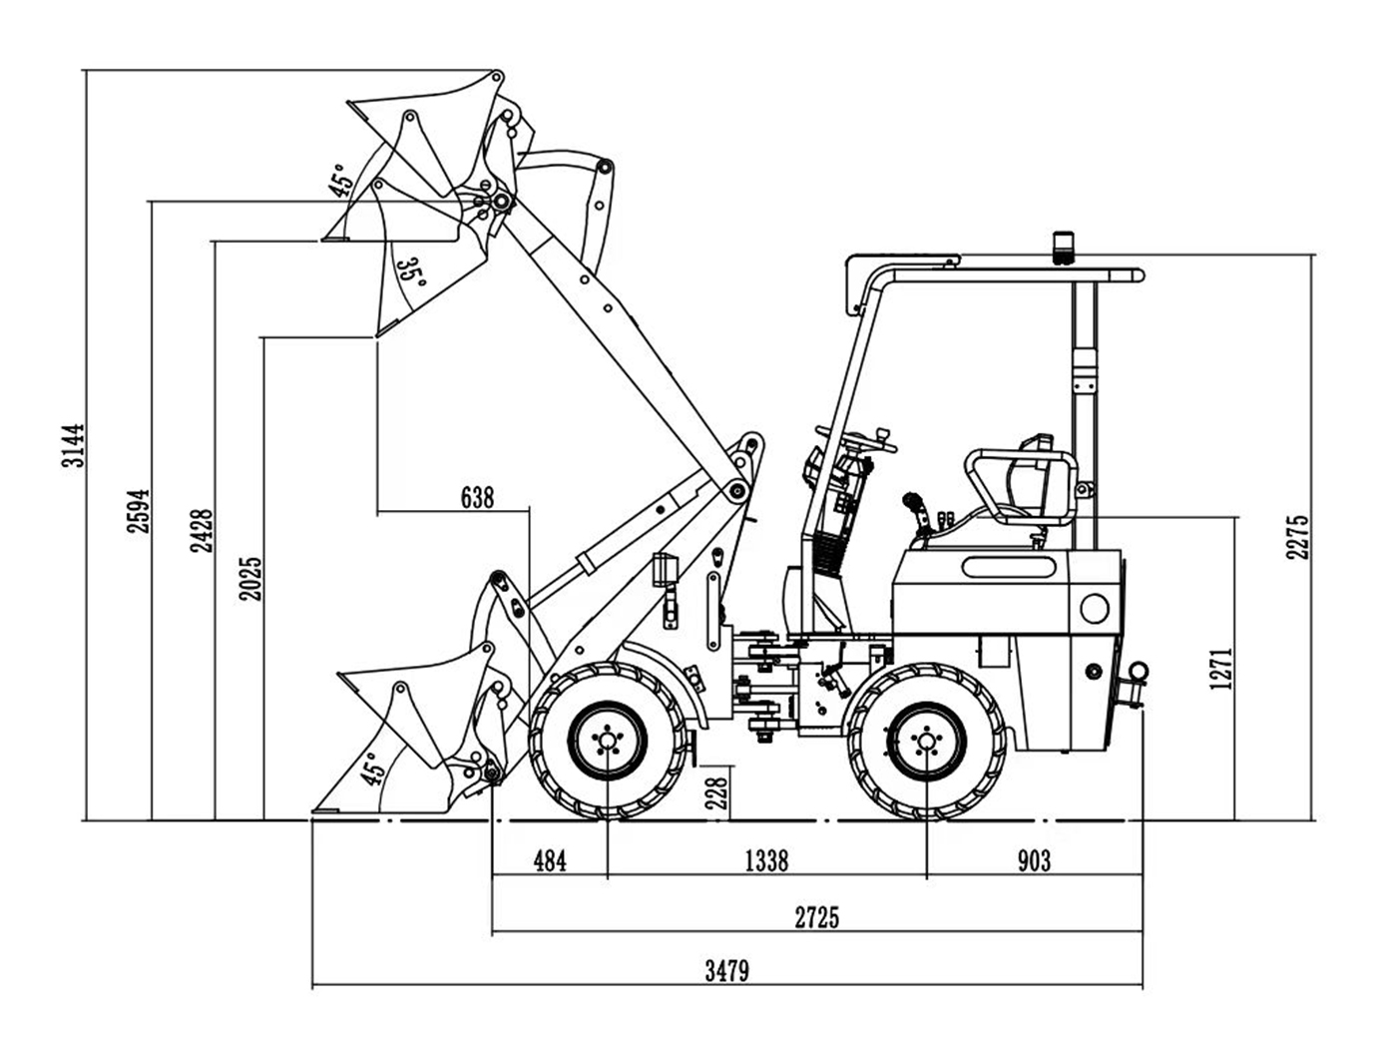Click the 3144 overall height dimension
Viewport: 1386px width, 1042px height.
[73, 446]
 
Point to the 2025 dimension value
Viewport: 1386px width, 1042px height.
[249, 578]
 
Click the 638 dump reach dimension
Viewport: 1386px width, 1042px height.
[477, 497]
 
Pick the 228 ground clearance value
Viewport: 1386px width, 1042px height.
[716, 793]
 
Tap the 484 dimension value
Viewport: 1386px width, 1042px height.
[550, 860]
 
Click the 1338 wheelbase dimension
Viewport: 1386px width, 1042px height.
[766, 860]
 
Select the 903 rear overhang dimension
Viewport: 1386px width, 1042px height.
[1034, 860]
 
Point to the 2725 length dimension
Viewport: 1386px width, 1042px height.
[817, 917]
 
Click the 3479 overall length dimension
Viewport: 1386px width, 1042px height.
[726, 970]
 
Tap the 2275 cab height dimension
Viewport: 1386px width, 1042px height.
[1297, 536]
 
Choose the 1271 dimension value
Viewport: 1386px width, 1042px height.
[1221, 669]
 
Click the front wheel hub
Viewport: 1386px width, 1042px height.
[607, 741]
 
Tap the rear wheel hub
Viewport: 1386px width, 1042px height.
[927, 741]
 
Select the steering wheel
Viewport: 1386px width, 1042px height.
[856, 438]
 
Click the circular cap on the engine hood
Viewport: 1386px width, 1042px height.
[1095, 607]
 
